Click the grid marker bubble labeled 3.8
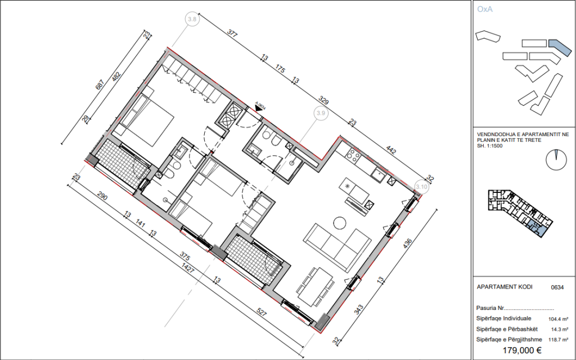tap(192, 19)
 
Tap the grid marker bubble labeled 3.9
tap(321, 113)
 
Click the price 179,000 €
tap(521, 350)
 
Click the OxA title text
tap(484, 10)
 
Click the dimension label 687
tap(100, 85)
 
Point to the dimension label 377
tap(232, 35)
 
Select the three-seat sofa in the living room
tap(336, 245)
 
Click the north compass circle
tap(555, 159)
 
